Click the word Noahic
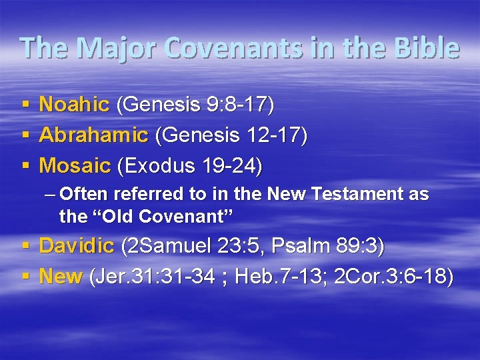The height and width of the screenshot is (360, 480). coord(74,104)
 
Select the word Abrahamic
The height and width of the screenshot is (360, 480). coord(93,135)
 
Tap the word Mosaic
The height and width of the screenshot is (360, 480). coord(75,166)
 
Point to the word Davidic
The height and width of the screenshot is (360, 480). coord(77,245)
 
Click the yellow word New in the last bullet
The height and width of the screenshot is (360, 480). coord(61,276)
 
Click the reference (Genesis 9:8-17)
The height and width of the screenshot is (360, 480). coord(195,104)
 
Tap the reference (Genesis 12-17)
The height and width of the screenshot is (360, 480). coord(231,135)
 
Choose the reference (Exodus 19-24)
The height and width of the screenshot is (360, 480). coord(189,166)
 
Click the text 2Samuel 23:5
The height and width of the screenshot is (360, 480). coord(194,245)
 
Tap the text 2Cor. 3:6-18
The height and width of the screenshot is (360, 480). coord(389,276)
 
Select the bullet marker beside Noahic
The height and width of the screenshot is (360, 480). coord(25,105)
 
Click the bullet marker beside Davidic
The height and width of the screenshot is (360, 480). coord(25,246)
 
